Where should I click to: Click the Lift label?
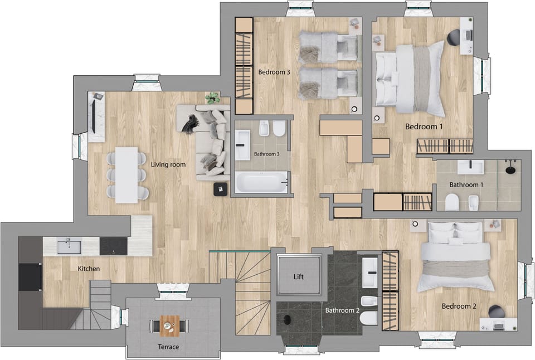[x=299, y=276]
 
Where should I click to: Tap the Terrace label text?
[x=168, y=347]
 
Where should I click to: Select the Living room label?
[x=168, y=165]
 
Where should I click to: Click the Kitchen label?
[x=89, y=269]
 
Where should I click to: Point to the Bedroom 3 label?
[x=274, y=72]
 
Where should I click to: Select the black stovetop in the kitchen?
[x=113, y=246]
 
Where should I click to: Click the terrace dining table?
[x=170, y=325]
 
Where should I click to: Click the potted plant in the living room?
[x=212, y=99]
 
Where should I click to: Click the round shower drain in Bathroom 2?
[x=288, y=319]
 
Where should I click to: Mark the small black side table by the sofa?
[x=221, y=189]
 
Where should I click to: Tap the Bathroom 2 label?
[x=342, y=310]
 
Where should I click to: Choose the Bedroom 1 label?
[x=424, y=127]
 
